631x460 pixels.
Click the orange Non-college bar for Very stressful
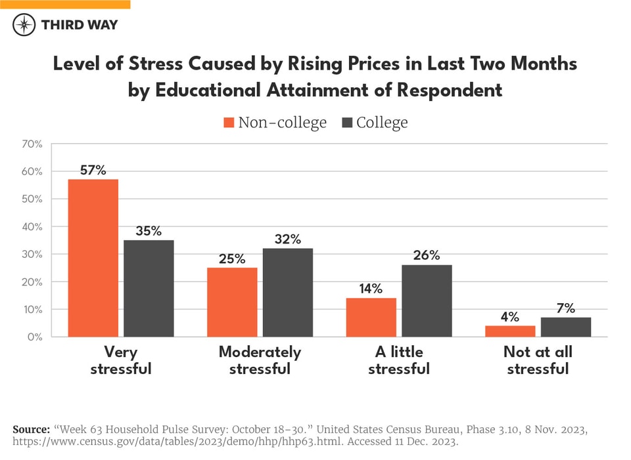click(x=93, y=258)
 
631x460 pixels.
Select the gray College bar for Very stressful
click(x=149, y=288)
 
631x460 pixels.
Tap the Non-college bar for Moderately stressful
click(x=232, y=302)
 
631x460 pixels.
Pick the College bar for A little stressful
click(x=427, y=301)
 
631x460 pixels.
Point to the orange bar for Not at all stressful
click(x=510, y=331)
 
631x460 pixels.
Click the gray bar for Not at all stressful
click(x=566, y=327)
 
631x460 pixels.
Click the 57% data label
click(x=93, y=170)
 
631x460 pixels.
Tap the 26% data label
click(x=427, y=255)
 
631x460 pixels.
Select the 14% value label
click(x=371, y=289)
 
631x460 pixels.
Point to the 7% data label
click(x=566, y=308)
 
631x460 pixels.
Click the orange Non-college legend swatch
click(x=229, y=123)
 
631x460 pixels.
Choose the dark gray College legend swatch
click(x=348, y=123)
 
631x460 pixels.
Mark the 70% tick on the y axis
click(x=32, y=144)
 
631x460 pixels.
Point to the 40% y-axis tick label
click(x=32, y=226)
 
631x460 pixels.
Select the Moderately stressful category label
click(x=260, y=360)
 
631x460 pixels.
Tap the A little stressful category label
click(x=398, y=360)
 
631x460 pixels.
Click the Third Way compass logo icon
click(x=24, y=25)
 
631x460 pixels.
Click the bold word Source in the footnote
click(x=31, y=429)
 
